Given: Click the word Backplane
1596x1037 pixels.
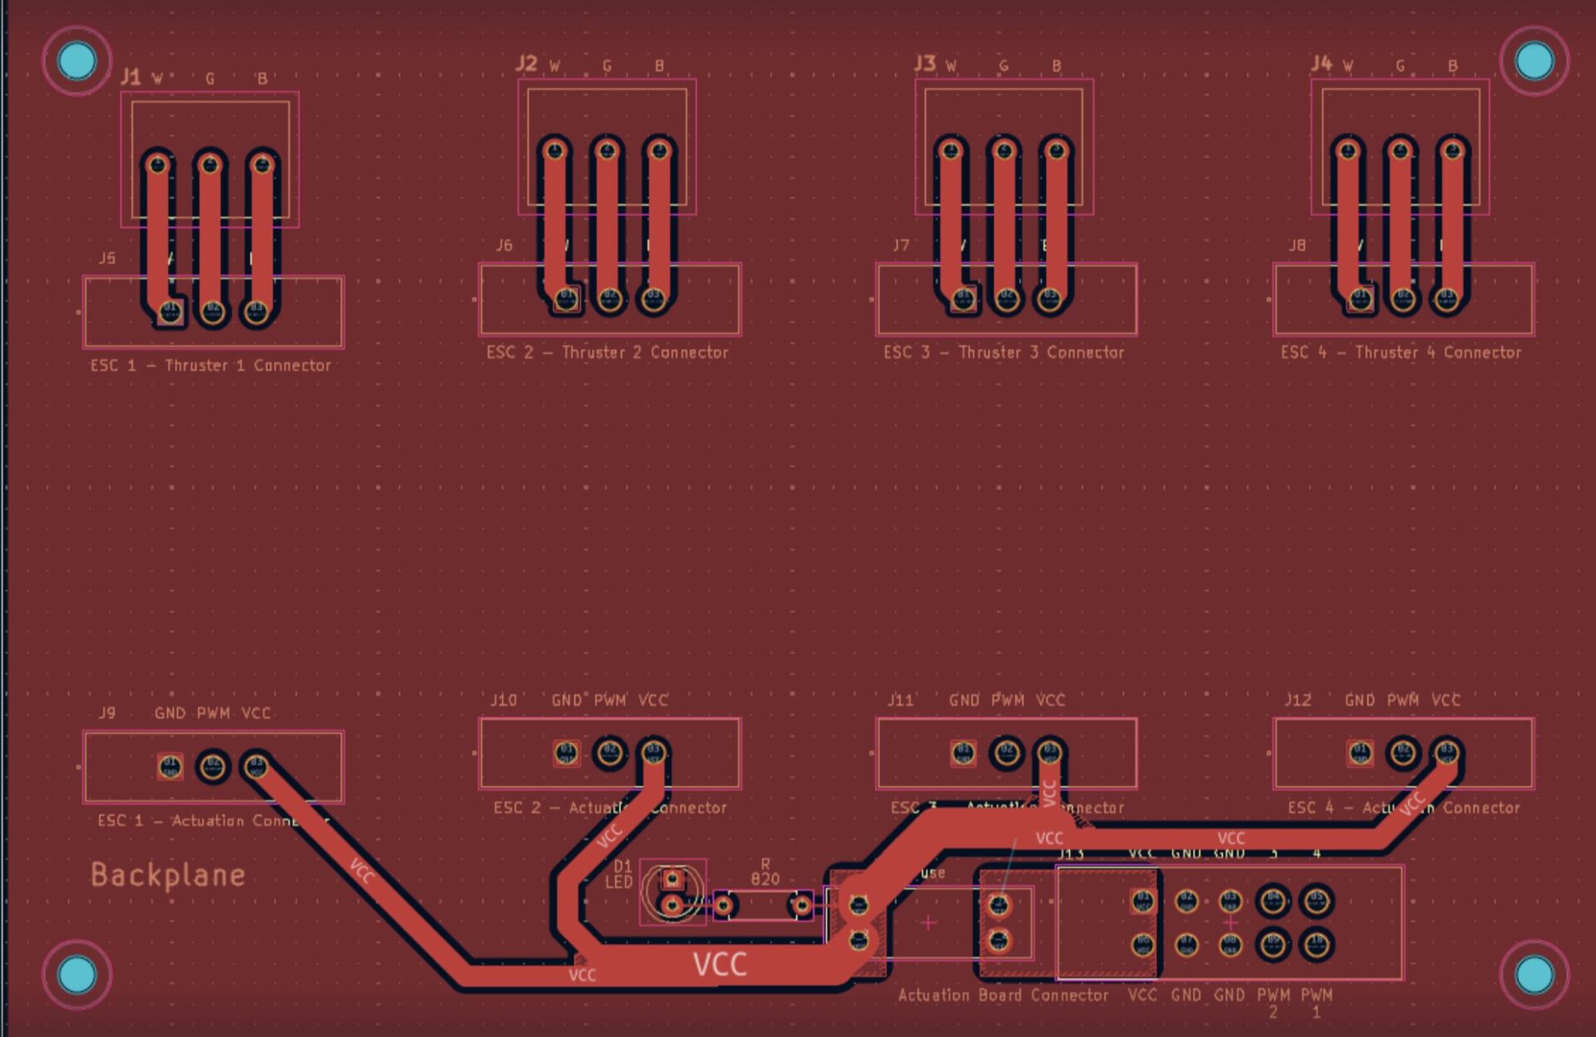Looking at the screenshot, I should tap(167, 875).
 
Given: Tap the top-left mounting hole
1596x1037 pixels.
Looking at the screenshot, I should tap(77, 61).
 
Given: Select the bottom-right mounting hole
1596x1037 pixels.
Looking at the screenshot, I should tap(1534, 975).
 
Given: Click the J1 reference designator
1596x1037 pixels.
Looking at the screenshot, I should tap(131, 77).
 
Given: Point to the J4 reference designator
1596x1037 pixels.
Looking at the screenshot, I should tap(1321, 64).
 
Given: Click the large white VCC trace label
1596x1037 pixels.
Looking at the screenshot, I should tap(720, 964).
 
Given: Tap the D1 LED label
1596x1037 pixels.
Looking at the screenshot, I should tap(620, 874).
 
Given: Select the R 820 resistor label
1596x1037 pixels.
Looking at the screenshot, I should tap(765, 872).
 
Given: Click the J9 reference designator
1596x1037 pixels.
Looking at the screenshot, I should tap(107, 713).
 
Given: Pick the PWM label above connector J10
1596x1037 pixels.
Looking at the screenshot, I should tap(610, 700).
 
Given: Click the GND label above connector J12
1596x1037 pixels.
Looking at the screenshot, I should tap(1360, 700).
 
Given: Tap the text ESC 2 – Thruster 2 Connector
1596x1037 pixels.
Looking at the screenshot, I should tap(608, 352).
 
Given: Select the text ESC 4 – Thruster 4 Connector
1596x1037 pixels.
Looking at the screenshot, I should tap(1401, 352).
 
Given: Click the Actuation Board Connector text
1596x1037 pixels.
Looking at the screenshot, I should tap(1003, 995).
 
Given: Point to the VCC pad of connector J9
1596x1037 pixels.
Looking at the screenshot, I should tap(255, 765).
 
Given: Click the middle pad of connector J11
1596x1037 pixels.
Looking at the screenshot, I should tap(1007, 753).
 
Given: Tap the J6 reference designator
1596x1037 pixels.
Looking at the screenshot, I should tap(504, 245).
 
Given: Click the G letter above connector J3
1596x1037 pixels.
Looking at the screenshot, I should tap(1004, 66).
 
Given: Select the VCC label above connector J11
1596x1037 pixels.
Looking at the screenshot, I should tap(1051, 700).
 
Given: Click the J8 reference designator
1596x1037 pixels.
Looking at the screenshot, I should tap(1297, 245).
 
